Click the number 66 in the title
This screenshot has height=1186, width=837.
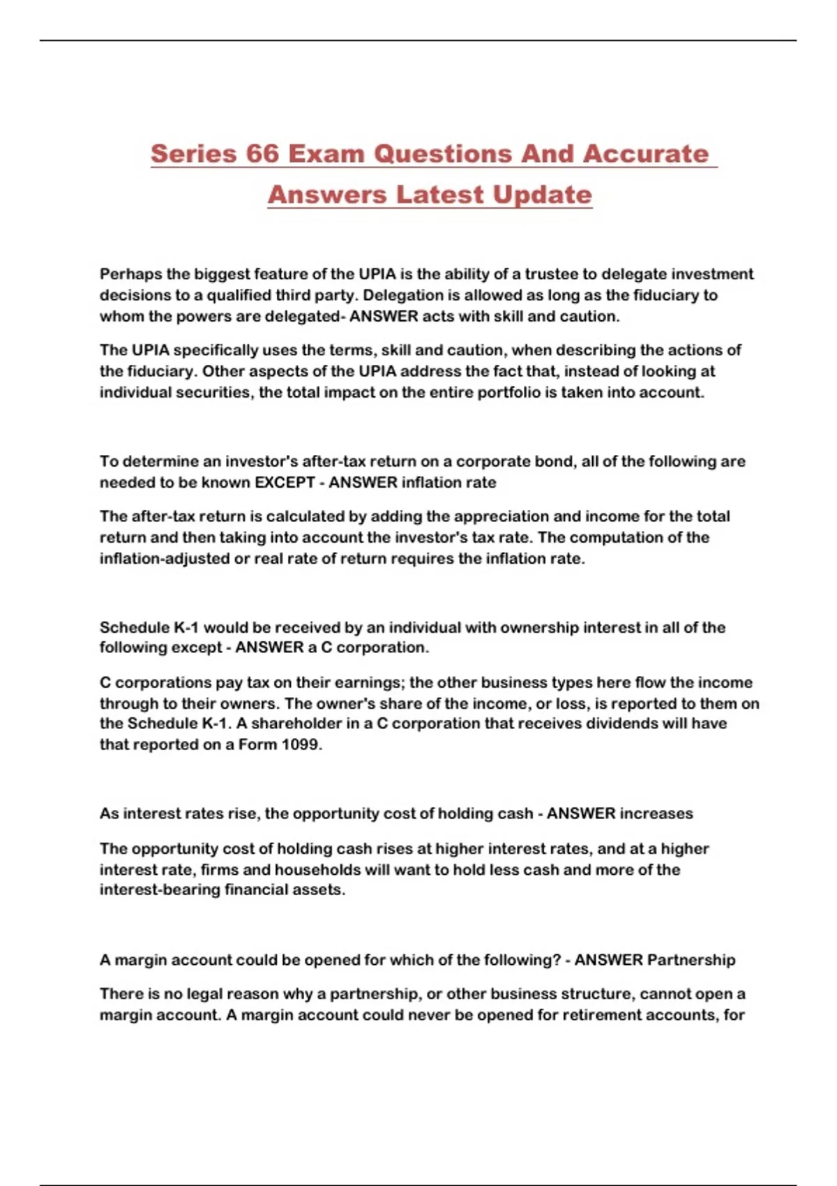pos(262,154)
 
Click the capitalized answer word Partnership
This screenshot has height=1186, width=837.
pos(691,960)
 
